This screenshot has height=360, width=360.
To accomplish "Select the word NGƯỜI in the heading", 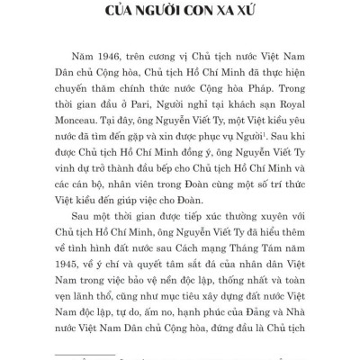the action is coord(148,13).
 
